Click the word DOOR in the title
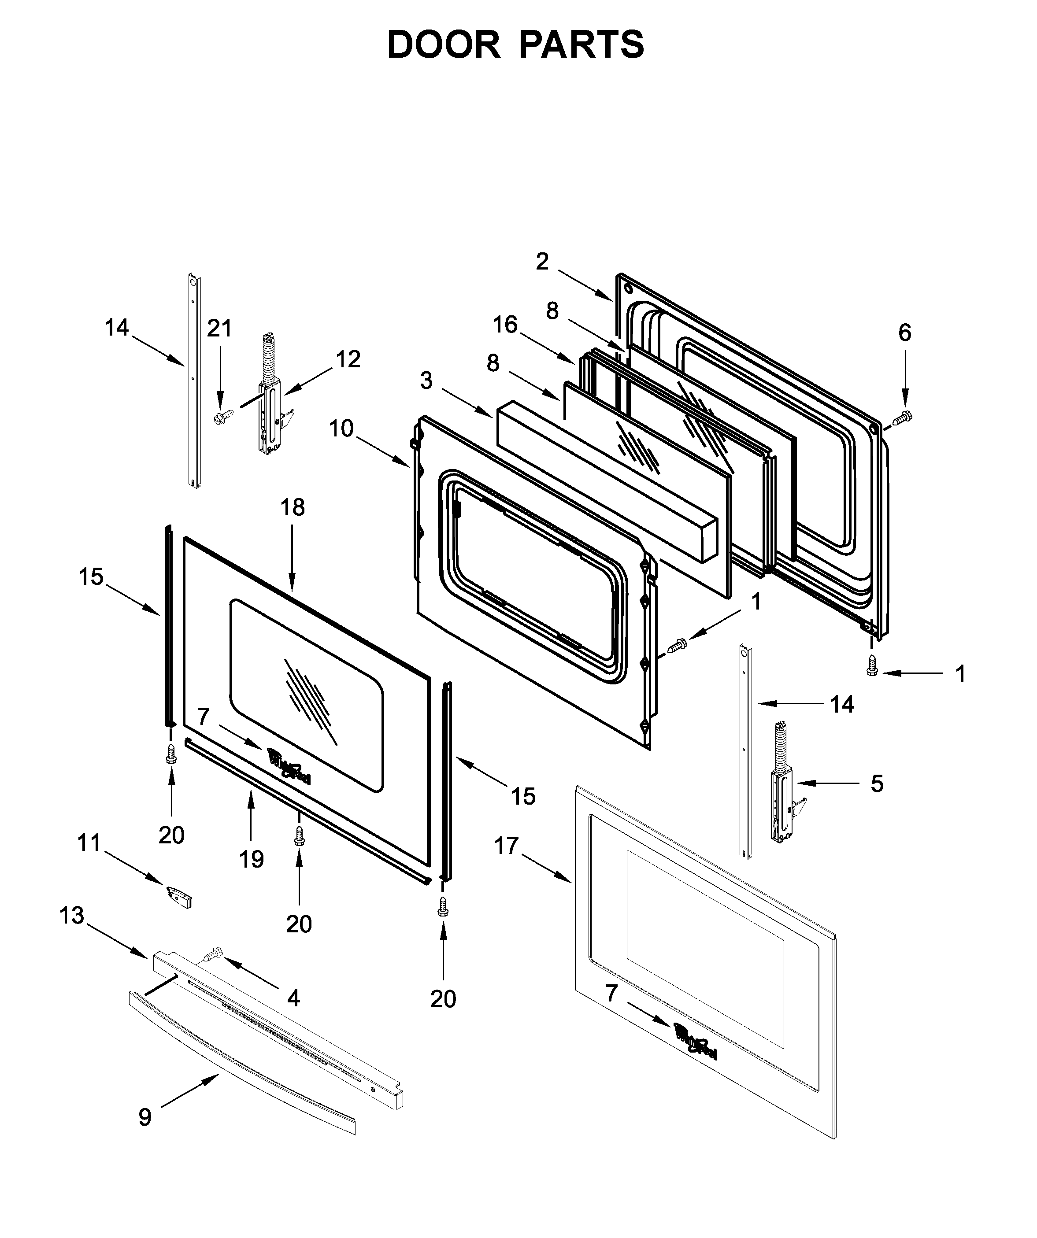tap(443, 45)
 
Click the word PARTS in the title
tap(581, 45)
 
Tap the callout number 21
tap(219, 329)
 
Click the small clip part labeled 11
tap(180, 897)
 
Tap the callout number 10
tap(341, 429)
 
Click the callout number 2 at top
tap(542, 261)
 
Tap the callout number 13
tap(72, 916)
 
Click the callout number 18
tap(293, 507)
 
